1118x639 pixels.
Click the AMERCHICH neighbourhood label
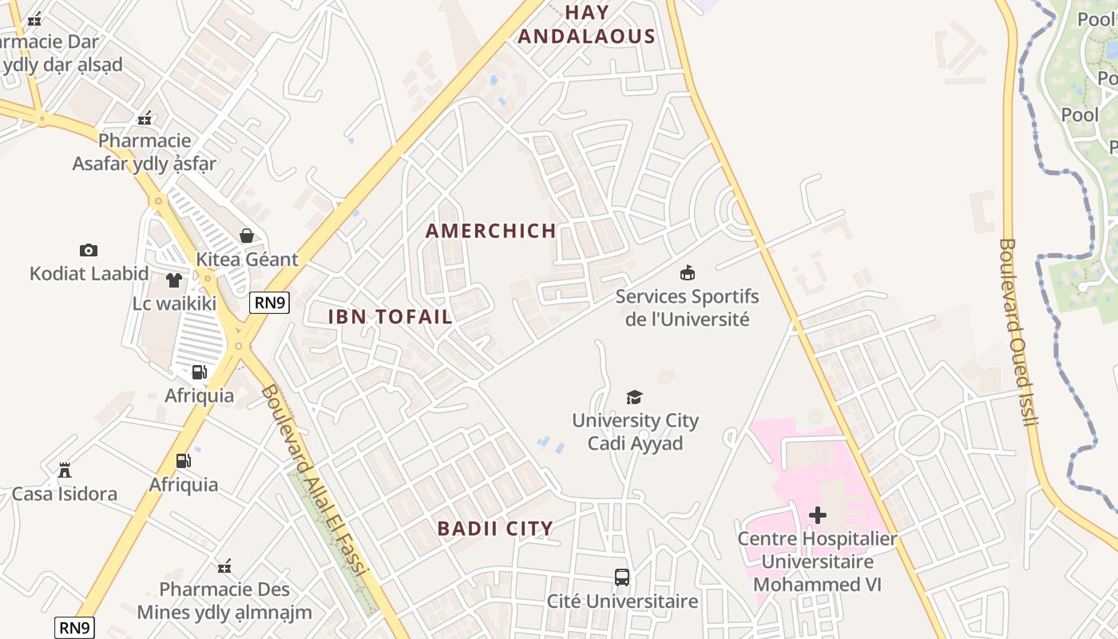click(x=490, y=231)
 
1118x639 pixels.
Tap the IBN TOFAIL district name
click(x=391, y=316)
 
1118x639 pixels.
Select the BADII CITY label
click(x=495, y=528)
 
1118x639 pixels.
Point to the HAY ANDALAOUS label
click(x=587, y=25)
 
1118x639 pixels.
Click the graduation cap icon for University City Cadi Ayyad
click(x=634, y=397)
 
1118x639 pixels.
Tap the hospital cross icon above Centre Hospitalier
click(x=817, y=515)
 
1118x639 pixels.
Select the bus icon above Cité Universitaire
click(x=621, y=577)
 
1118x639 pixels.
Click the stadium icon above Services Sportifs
click(x=687, y=273)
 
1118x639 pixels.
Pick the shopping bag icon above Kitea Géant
click(x=247, y=236)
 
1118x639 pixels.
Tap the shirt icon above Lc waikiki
click(x=174, y=280)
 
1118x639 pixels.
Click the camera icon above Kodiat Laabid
click(x=89, y=250)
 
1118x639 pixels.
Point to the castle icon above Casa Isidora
click(x=65, y=470)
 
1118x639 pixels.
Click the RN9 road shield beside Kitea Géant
click(x=269, y=303)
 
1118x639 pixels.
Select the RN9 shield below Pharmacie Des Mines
click(x=75, y=628)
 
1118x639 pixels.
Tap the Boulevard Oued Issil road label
click(x=1017, y=331)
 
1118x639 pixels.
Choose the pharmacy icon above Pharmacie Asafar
click(x=145, y=118)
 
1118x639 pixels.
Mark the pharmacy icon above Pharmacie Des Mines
click(x=224, y=566)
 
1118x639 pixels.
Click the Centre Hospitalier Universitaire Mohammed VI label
click(x=817, y=562)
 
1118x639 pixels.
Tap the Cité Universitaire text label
click(x=622, y=601)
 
